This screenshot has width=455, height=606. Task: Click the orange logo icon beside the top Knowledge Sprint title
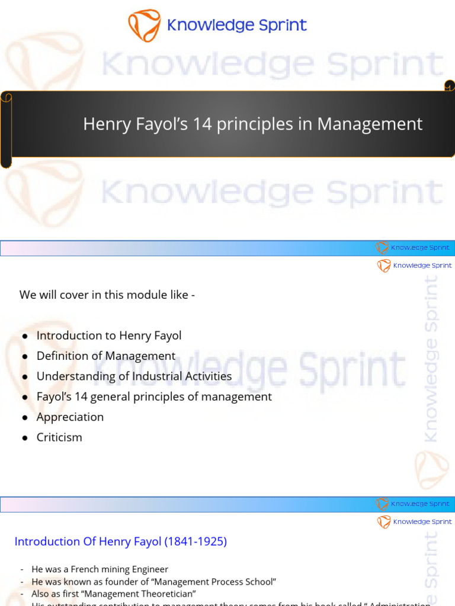[144, 25]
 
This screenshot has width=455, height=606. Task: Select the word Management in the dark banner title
[370, 124]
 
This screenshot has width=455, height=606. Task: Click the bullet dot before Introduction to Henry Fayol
[25, 336]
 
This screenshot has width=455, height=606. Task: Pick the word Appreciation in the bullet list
[70, 417]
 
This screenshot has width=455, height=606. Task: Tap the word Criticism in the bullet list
[59, 437]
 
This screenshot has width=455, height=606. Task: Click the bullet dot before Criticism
[25, 438]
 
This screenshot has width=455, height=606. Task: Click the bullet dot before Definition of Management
[25, 357]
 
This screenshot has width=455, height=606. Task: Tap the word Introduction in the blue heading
[47, 541]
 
